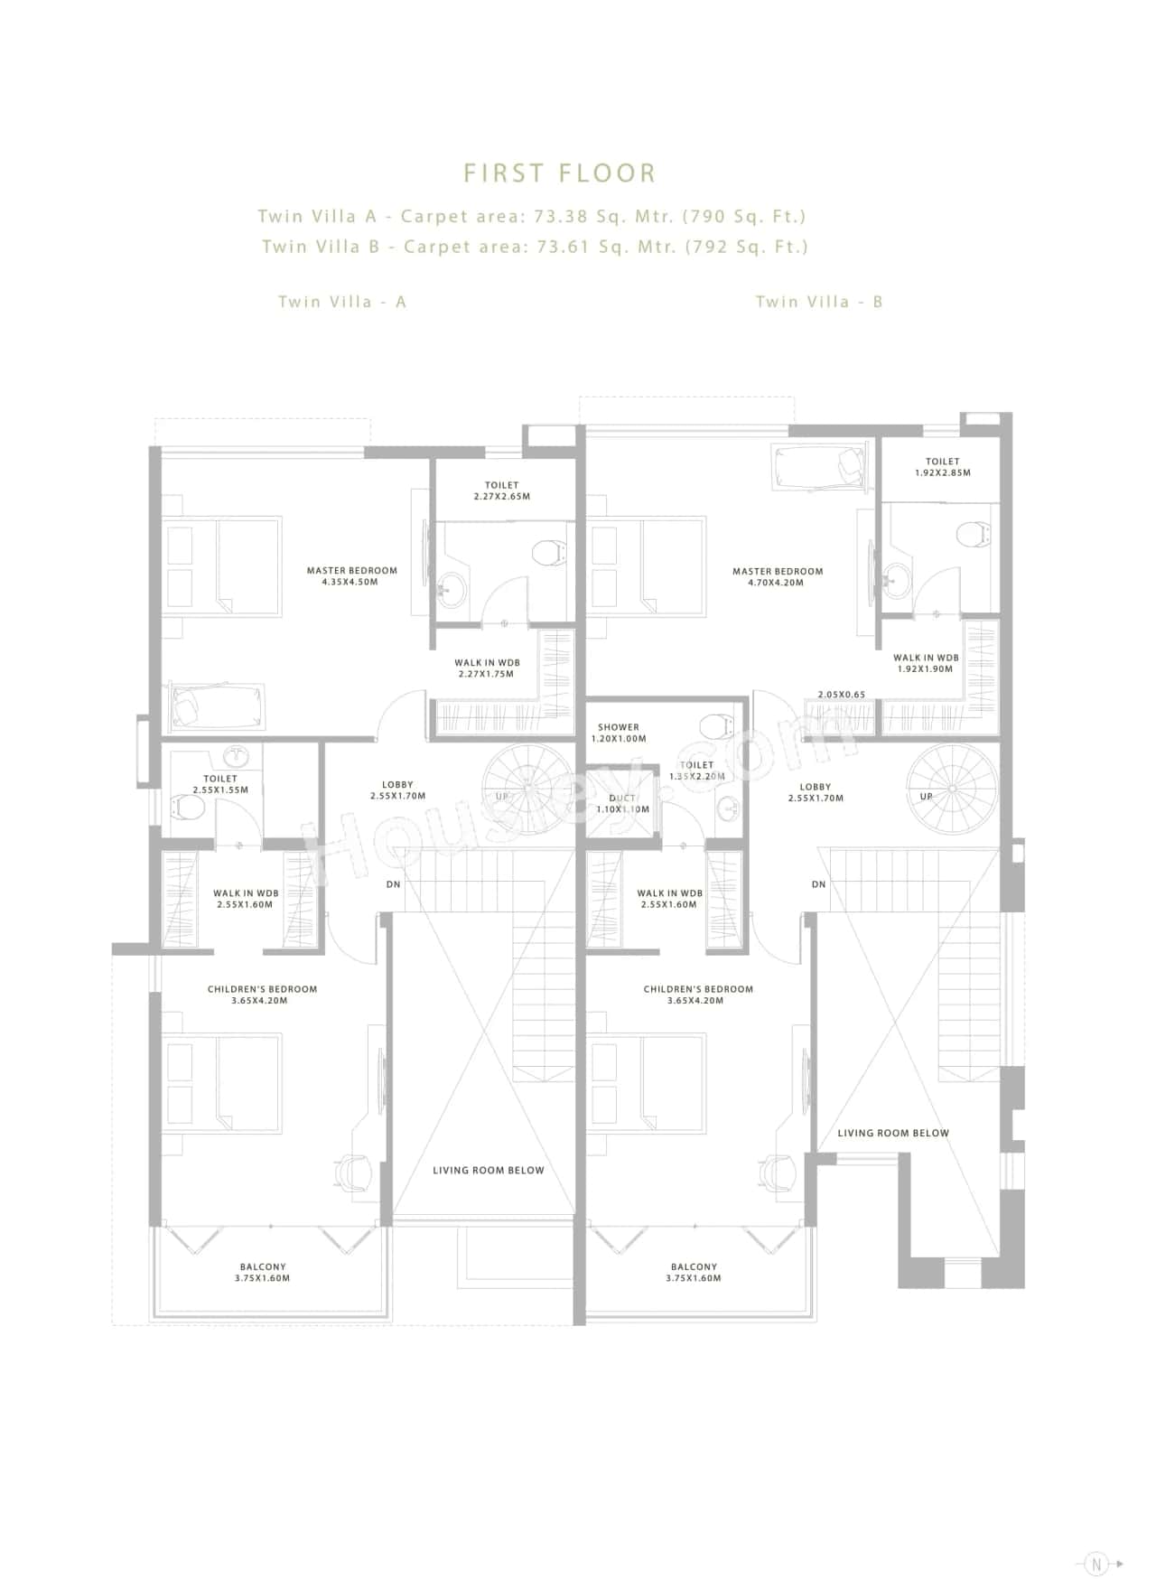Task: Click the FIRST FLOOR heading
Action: tap(559, 173)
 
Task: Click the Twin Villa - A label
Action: tap(342, 302)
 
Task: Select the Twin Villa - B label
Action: tap(819, 302)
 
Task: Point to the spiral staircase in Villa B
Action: tap(952, 787)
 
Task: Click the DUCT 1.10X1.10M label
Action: tap(622, 804)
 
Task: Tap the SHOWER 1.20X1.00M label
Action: tap(619, 733)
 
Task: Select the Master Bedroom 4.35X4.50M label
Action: tap(351, 576)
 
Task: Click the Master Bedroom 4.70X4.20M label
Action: tap(778, 576)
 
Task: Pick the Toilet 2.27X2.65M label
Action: tap(501, 491)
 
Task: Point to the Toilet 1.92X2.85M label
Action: tap(942, 467)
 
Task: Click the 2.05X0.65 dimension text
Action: tap(841, 695)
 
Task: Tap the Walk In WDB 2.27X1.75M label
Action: tap(487, 668)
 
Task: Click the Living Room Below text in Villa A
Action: tap(488, 1170)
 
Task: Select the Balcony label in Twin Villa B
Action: tap(694, 1272)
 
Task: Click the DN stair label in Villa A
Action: tap(393, 884)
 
